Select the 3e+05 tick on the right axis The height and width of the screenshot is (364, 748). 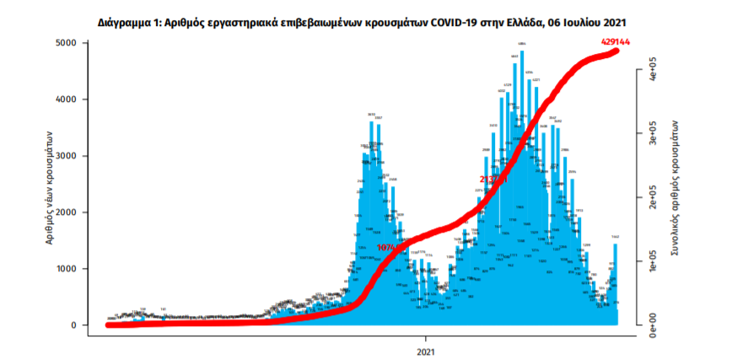click(652, 132)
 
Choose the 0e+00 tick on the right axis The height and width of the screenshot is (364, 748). click(652, 325)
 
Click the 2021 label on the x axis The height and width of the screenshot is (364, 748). click(427, 350)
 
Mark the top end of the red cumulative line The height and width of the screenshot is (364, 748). click(616, 51)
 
